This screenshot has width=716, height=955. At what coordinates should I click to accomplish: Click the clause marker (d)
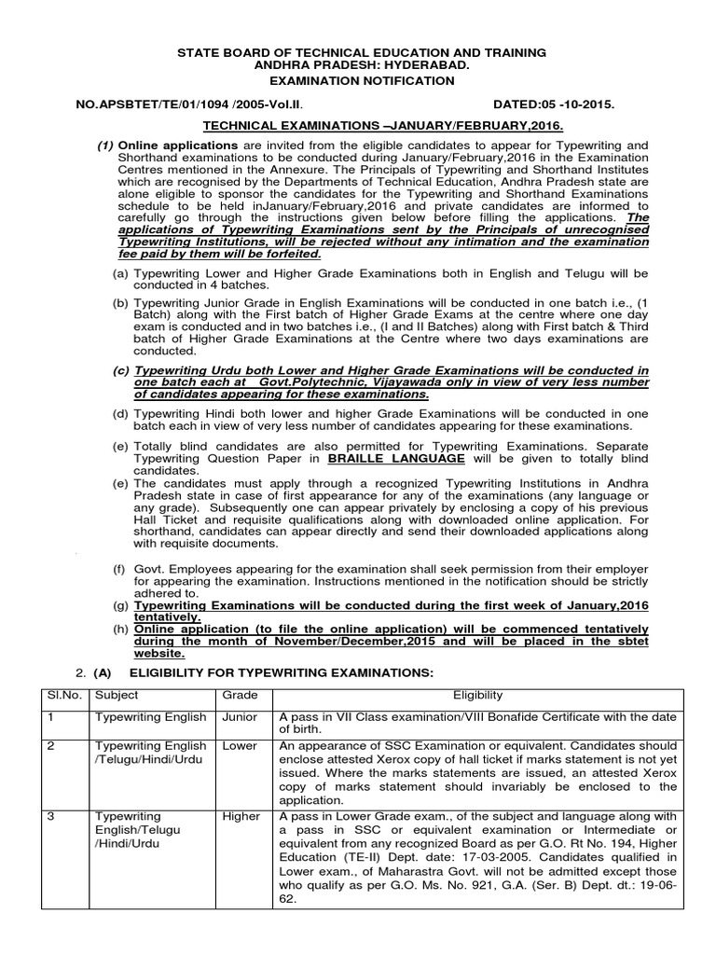pyautogui.click(x=120, y=413)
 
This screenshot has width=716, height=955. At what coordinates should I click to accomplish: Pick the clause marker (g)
pyautogui.click(x=120, y=606)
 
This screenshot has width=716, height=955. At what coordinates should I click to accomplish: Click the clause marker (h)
pyautogui.click(x=120, y=629)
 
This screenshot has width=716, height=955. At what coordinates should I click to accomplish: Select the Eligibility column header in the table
pyautogui.click(x=477, y=695)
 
